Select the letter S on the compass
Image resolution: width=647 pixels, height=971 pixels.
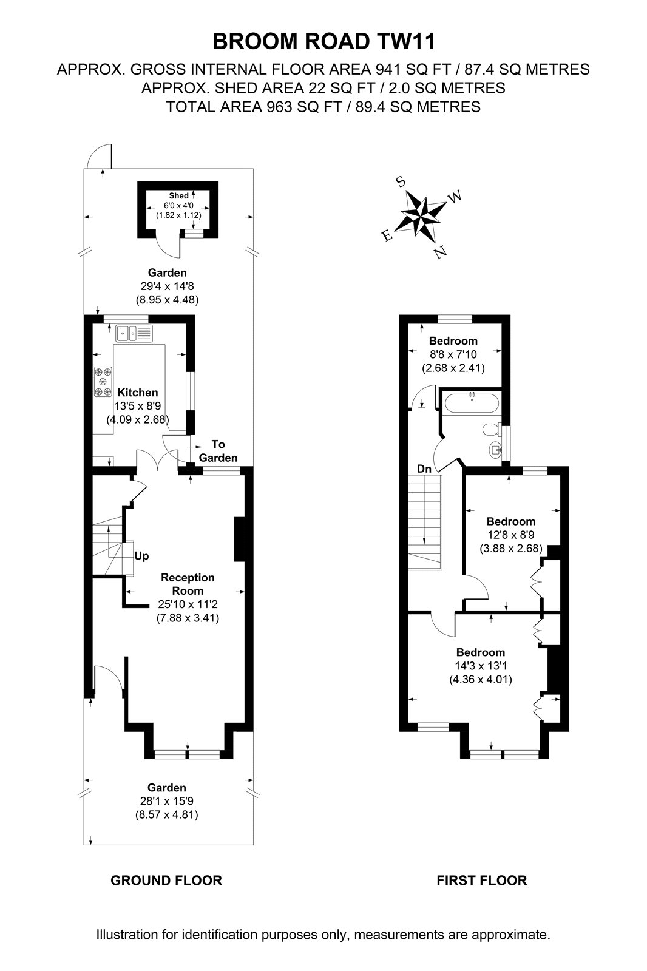click(401, 181)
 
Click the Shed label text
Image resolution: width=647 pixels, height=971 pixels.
click(178, 196)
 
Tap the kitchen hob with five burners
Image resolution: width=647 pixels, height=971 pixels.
click(103, 382)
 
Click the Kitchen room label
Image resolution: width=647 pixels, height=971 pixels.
click(137, 393)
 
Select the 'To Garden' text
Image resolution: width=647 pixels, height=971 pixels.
click(218, 451)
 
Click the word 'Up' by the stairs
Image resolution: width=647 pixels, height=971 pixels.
click(141, 556)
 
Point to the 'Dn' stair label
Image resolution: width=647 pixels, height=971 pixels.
click(424, 469)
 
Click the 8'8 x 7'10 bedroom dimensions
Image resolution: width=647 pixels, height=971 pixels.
click(453, 354)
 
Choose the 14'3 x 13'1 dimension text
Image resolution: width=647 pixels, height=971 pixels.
click(481, 666)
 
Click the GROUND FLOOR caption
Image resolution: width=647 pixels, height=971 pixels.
click(166, 881)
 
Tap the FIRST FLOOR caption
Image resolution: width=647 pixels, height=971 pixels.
click(482, 881)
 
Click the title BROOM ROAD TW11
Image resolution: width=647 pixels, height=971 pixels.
click(323, 42)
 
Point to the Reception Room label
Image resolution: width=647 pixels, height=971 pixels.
click(188, 584)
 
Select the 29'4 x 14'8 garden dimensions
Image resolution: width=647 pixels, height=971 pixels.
click(168, 286)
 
